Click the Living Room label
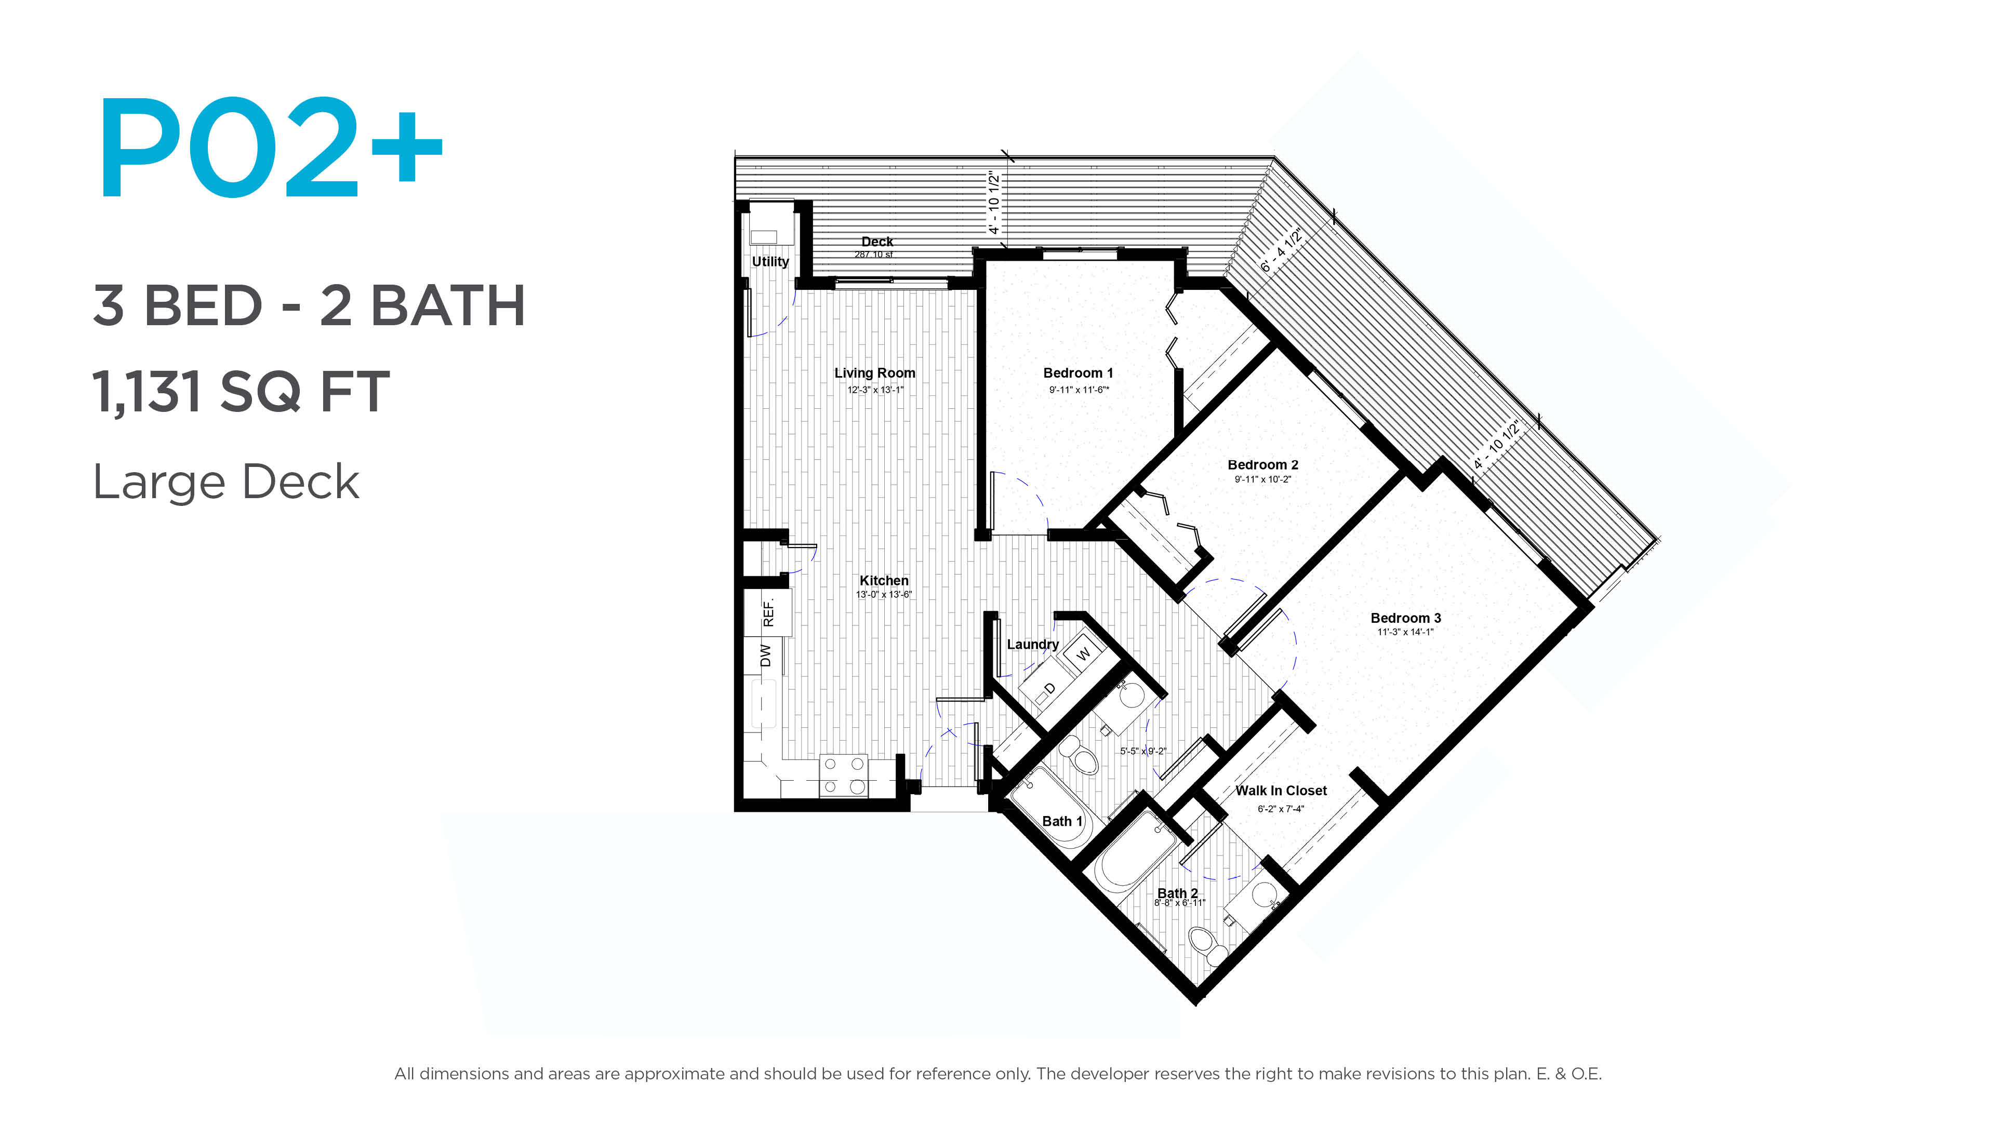(874, 373)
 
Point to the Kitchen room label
(884, 581)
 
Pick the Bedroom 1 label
(1078, 373)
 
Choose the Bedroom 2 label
(1262, 464)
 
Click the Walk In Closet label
(1281, 791)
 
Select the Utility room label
(770, 262)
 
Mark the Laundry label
(1032, 644)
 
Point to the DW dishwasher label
(766, 655)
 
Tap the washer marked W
(1083, 653)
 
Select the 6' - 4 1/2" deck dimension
(1281, 250)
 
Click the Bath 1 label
(1062, 822)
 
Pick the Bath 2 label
(1177, 893)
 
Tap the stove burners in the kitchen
(843, 775)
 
